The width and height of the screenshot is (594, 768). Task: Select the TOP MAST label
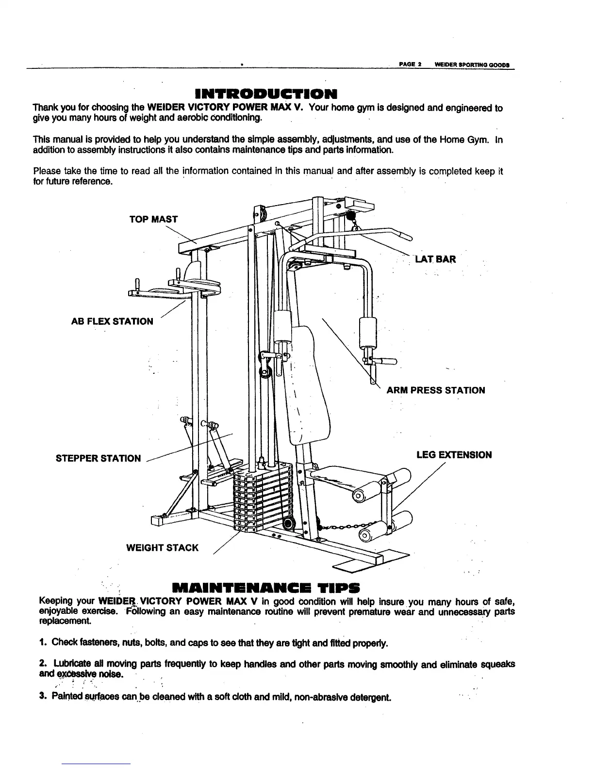(x=153, y=219)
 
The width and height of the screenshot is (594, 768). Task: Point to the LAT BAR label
(x=435, y=259)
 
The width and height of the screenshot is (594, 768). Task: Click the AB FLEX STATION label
(x=112, y=321)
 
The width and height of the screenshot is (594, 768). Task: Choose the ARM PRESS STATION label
(x=435, y=391)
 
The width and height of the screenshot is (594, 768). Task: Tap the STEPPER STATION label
(x=99, y=459)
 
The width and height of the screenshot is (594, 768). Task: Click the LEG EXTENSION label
(x=454, y=455)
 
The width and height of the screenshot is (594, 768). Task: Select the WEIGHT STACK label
(x=162, y=548)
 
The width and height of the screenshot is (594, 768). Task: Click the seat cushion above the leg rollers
(x=340, y=478)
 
